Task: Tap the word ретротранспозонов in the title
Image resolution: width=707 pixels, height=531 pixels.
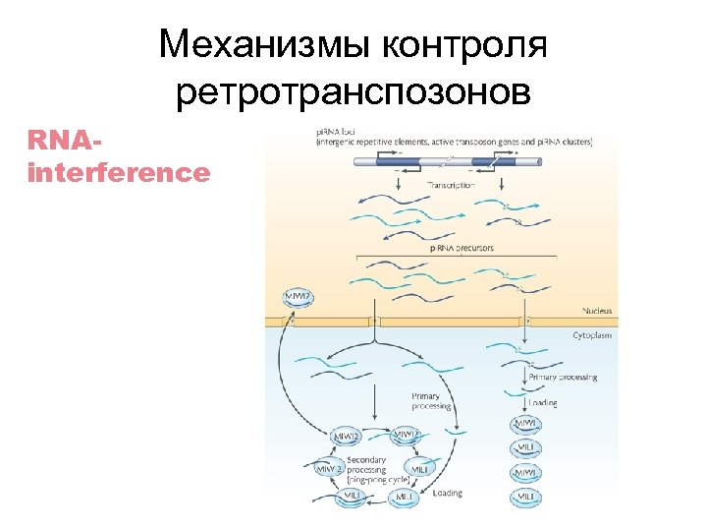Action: coord(353,93)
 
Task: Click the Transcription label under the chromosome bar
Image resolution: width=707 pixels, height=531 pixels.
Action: coord(451,185)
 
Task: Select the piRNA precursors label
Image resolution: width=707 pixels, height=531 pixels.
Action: coord(462,248)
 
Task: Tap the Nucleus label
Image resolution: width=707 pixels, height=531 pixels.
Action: coord(593,311)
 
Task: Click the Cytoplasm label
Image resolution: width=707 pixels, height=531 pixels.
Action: coord(592,335)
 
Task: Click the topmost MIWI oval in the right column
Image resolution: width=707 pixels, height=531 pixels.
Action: coord(526,424)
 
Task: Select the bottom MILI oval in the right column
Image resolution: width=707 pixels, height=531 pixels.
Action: coord(526,499)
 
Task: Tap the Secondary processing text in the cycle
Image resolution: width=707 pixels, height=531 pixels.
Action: coord(366,464)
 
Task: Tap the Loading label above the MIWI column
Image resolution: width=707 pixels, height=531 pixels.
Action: coord(542,403)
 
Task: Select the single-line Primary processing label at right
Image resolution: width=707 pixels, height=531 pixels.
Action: coord(562,378)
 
